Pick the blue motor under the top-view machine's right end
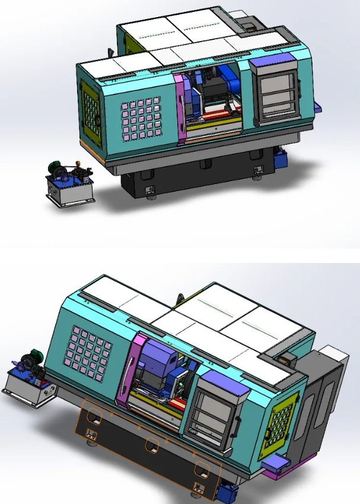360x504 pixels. point(281,157)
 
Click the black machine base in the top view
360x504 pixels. point(196,178)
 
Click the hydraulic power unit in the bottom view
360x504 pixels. point(28,380)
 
